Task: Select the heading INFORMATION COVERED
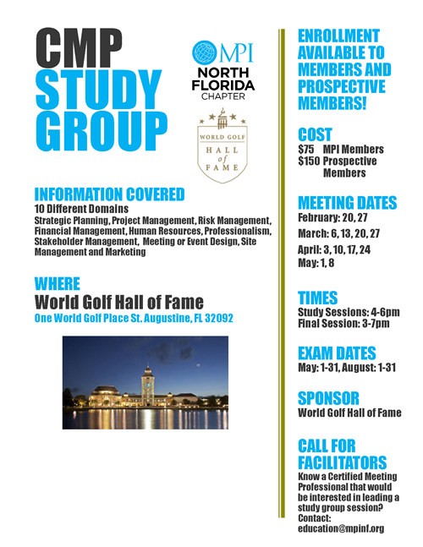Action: (x=109, y=194)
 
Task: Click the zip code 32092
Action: (x=216, y=318)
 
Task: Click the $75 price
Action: (x=306, y=150)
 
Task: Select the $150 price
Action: (x=309, y=161)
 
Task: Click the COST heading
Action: (x=315, y=134)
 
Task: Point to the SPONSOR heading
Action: (x=328, y=397)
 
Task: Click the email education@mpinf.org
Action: (x=341, y=528)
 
